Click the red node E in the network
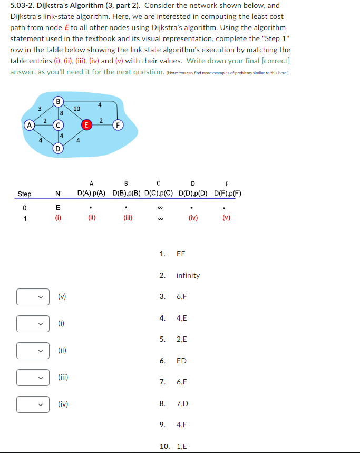pyautogui.click(x=86, y=125)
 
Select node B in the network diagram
pyautogui.click(x=59, y=101)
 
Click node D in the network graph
pyautogui.click(x=59, y=148)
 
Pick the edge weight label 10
pyautogui.click(x=76, y=108)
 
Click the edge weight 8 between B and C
pyautogui.click(x=62, y=112)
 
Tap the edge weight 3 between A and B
pyautogui.click(x=40, y=109)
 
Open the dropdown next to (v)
pyautogui.click(x=33, y=296)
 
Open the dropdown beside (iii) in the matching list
pyautogui.click(x=33, y=377)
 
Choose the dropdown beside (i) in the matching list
pyautogui.click(x=33, y=323)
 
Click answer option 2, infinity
pyautogui.click(x=188, y=275)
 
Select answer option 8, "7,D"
pyautogui.click(x=182, y=403)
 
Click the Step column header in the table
pyautogui.click(x=24, y=194)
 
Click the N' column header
pyautogui.click(x=59, y=194)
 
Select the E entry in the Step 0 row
pyautogui.click(x=58, y=208)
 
